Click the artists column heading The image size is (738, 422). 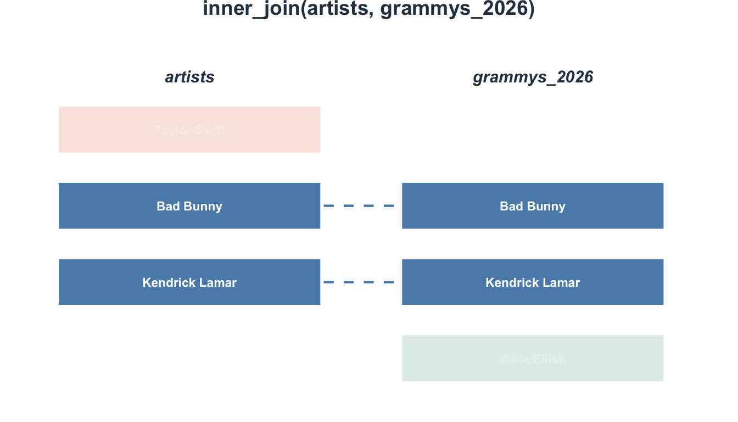click(x=189, y=77)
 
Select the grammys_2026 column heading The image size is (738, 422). click(x=533, y=77)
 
